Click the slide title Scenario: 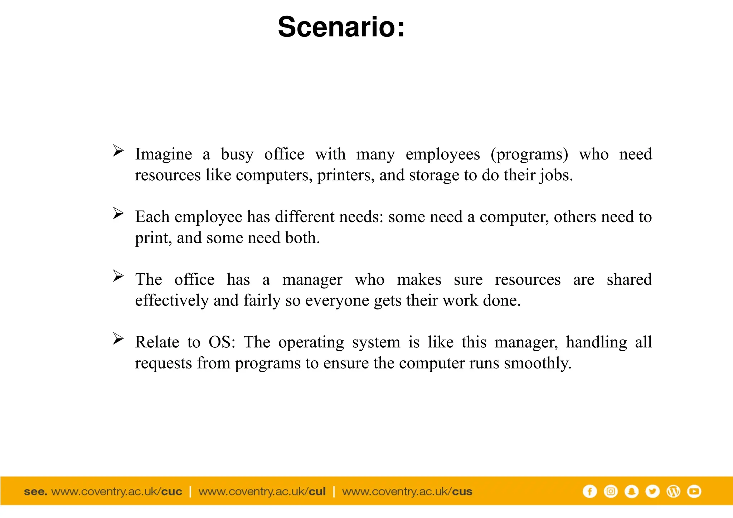coord(341,27)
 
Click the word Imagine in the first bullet coord(164,155)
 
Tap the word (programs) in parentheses coord(529,155)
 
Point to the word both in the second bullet coord(302,238)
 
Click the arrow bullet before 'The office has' coord(118,276)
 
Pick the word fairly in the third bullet coord(262,300)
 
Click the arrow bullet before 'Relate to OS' coord(118,338)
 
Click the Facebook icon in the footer coord(589,491)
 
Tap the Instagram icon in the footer coord(611,491)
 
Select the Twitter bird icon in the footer coord(652,491)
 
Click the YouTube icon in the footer coord(694,491)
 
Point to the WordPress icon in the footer coord(673,491)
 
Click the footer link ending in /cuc coord(117,492)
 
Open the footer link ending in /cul coord(262,492)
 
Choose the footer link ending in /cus coord(407,492)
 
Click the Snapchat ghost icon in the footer coord(631,491)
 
